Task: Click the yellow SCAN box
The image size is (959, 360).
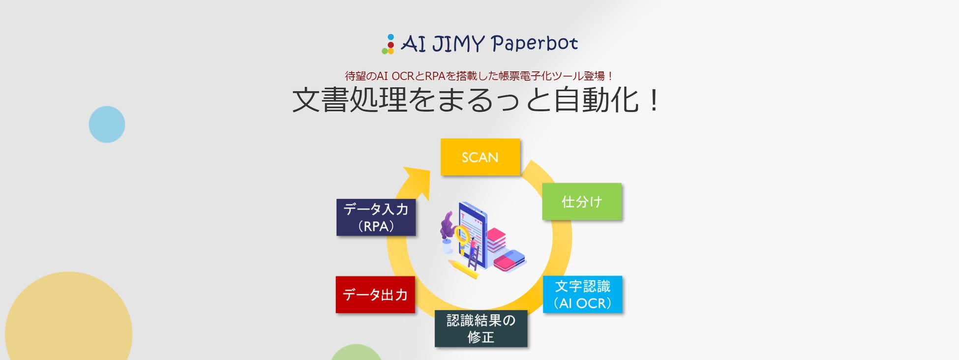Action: pyautogui.click(x=480, y=157)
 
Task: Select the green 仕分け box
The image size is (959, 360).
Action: pyautogui.click(x=582, y=202)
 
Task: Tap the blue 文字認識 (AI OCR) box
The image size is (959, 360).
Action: pyautogui.click(x=582, y=295)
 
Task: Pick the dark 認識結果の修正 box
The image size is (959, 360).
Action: pyautogui.click(x=480, y=329)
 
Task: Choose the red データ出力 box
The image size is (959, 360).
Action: pyautogui.click(x=375, y=295)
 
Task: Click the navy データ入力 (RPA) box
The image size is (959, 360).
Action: pyautogui.click(x=376, y=217)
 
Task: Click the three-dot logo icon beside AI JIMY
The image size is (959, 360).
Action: pyautogui.click(x=389, y=44)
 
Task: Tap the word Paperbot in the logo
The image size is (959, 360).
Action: pyautogui.click(x=534, y=43)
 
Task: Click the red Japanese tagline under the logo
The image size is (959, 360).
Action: pyautogui.click(x=479, y=76)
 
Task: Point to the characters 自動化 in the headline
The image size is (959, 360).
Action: pyautogui.click(x=596, y=100)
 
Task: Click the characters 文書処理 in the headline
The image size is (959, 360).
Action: pyautogui.click(x=349, y=100)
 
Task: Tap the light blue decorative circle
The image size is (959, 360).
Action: pyautogui.click(x=107, y=124)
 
